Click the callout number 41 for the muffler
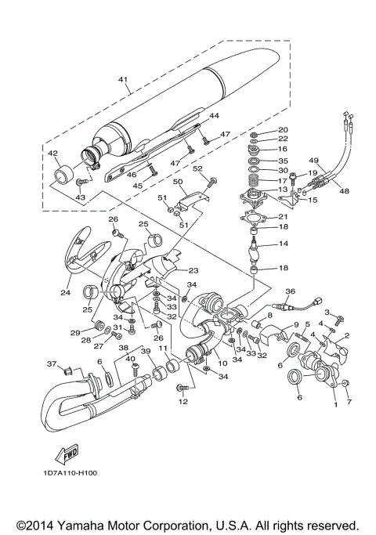coord(122,78)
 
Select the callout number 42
coord(53,153)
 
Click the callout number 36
coord(289,291)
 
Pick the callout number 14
coord(284,244)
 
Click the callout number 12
coord(183,402)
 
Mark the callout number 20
coord(283,129)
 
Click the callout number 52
coord(198,168)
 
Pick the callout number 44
coord(212,115)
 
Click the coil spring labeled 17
coord(254,190)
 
